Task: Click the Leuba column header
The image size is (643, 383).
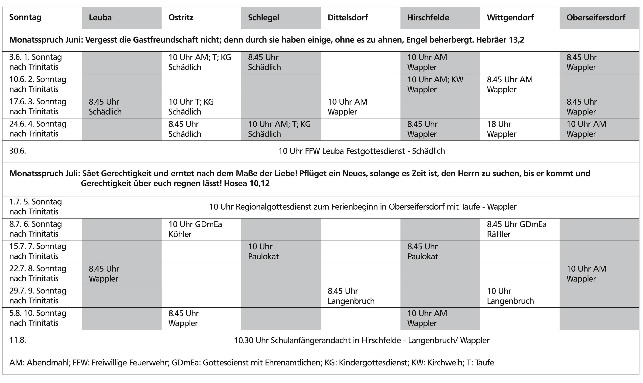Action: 100,17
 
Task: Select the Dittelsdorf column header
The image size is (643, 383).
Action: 348,17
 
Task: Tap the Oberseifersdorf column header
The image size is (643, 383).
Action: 596,17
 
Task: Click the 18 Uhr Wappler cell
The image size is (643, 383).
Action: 501,129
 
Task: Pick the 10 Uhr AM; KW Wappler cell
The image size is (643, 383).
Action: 435,84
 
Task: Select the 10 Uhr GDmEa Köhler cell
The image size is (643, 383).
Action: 195,229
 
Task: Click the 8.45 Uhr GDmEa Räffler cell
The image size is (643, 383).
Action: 517,229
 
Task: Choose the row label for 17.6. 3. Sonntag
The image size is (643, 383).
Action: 38,107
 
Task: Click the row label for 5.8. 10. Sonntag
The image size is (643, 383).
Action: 38,318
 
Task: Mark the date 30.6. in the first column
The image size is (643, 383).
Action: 17,151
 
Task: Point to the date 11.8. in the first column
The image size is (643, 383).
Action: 17,340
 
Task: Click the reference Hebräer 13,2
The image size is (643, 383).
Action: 500,40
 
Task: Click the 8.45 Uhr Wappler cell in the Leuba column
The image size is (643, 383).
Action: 104,274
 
